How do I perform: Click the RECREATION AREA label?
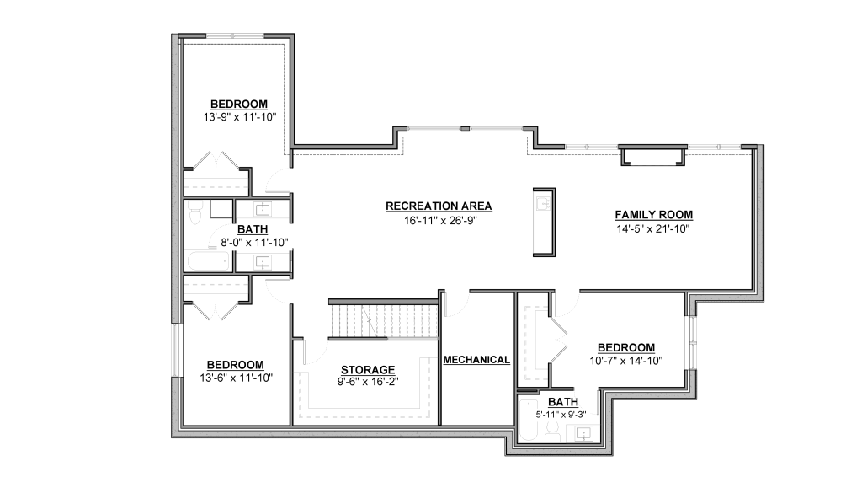tap(439, 206)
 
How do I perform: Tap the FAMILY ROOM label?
tap(653, 215)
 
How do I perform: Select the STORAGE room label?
tap(368, 370)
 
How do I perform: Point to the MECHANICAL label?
tap(476, 360)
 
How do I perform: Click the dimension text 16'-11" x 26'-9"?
tap(439, 220)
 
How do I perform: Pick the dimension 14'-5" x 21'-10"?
tap(653, 228)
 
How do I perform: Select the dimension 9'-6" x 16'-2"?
tap(368, 381)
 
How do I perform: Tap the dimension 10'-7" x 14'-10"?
tap(626, 361)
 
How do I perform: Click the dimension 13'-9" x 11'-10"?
tap(239, 117)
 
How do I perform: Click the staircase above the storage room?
tap(383, 320)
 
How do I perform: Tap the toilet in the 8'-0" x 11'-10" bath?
tap(194, 212)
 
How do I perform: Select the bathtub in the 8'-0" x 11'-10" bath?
tap(208, 261)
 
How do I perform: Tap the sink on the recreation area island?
tap(544, 204)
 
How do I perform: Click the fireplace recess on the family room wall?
tap(653, 156)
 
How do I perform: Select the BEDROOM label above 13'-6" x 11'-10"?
tap(236, 365)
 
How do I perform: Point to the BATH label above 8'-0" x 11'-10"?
tap(253, 229)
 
